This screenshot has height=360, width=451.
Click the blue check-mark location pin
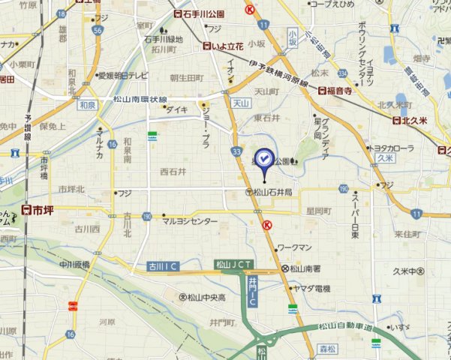[265, 159]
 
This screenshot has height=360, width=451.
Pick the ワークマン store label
[294, 247]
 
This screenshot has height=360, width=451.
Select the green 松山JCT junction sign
[233, 264]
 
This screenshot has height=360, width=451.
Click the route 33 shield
[237, 151]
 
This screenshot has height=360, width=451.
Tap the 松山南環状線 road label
[140, 99]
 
